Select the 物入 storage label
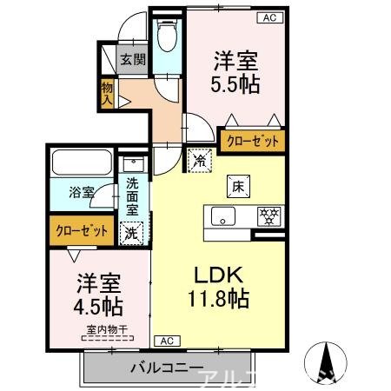[x=107, y=92]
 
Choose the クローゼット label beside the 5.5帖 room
[x=253, y=141]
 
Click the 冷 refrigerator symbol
[x=199, y=161]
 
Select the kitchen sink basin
[x=222, y=216]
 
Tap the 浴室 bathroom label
[x=83, y=193]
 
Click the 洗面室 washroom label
[x=132, y=195]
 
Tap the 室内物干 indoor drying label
[x=103, y=329]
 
